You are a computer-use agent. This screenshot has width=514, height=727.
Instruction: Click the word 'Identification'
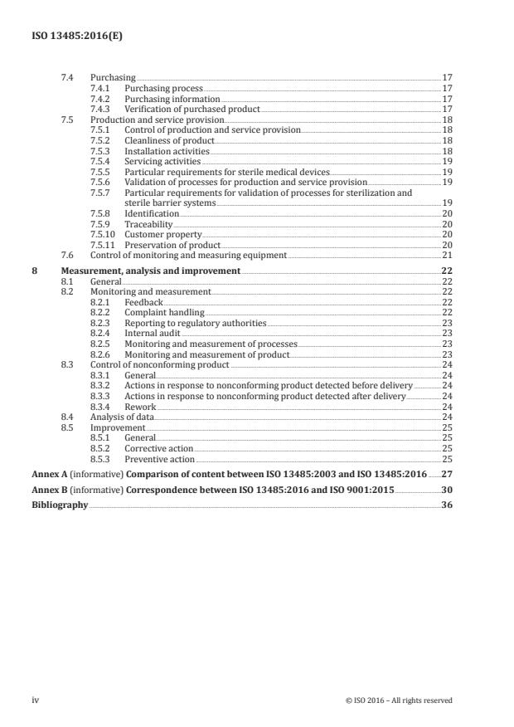click(151, 214)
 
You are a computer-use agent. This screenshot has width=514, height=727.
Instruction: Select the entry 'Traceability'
click(148, 224)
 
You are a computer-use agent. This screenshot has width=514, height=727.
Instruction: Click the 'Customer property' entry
click(162, 235)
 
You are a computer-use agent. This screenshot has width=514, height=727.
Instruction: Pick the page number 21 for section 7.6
click(447, 256)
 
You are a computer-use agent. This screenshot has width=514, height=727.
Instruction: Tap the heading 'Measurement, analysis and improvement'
click(151, 271)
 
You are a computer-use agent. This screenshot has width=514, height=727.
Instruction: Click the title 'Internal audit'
click(152, 334)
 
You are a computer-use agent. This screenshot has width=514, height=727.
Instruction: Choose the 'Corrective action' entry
click(159, 449)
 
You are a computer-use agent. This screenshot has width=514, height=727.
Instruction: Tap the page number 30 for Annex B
click(447, 490)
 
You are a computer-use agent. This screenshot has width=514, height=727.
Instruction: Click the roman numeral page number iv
click(36, 700)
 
